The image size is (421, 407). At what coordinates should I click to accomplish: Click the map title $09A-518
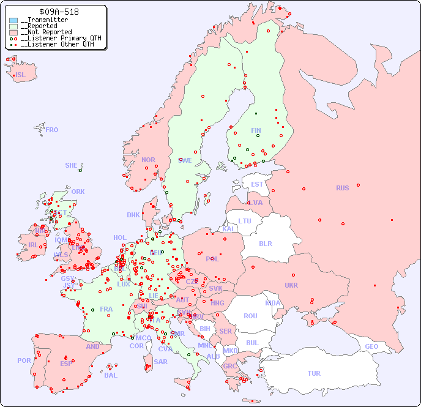coord(58,12)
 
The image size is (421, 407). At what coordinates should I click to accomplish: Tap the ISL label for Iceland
coord(21,75)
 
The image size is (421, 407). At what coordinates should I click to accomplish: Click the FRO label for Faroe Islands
coord(52,130)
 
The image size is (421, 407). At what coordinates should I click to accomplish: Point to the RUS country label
coord(342,188)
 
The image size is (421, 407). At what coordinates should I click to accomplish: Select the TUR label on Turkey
coord(314,373)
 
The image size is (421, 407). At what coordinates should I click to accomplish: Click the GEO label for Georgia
coord(371,346)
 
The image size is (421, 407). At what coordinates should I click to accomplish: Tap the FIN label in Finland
coord(256,130)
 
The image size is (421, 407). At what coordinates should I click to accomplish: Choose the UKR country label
coord(291,285)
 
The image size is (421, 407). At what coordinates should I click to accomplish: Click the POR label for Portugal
coord(24,360)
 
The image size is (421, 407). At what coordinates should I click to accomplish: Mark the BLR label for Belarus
coord(266,243)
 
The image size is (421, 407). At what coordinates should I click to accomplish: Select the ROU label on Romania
coord(250,316)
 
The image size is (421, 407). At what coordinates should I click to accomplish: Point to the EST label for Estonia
coord(257,184)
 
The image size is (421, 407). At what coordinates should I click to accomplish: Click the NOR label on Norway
coord(148,160)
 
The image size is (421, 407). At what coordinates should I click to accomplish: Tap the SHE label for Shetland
coord(72,165)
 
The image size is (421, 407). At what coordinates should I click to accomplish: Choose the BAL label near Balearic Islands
coord(110,375)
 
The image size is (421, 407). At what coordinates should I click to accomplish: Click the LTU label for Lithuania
coord(245,221)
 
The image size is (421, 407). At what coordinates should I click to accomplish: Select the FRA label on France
coord(106,309)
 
